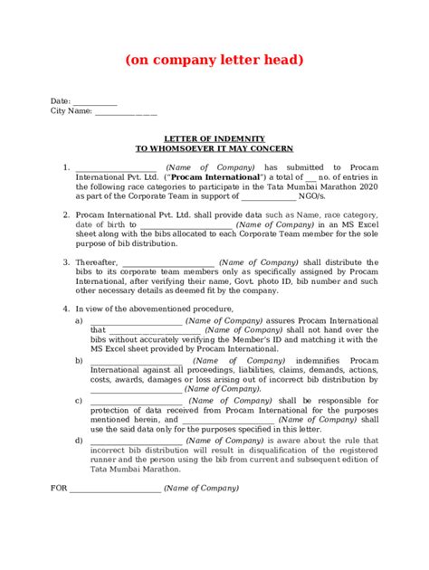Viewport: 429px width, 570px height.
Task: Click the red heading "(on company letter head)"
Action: pyautogui.click(x=214, y=60)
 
